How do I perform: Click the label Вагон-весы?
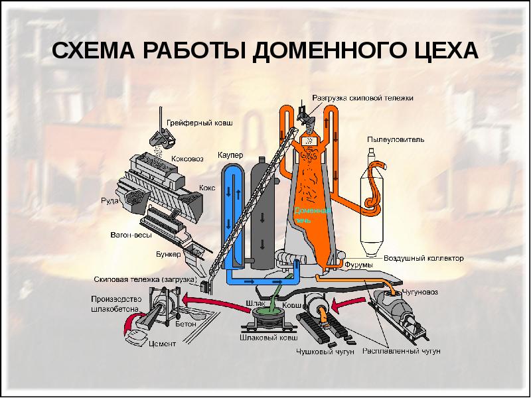tap(130, 235)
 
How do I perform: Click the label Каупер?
tap(230, 155)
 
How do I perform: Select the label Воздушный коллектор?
tap(424, 257)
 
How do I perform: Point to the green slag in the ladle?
tap(268, 312)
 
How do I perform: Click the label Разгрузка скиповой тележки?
tap(363, 98)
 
